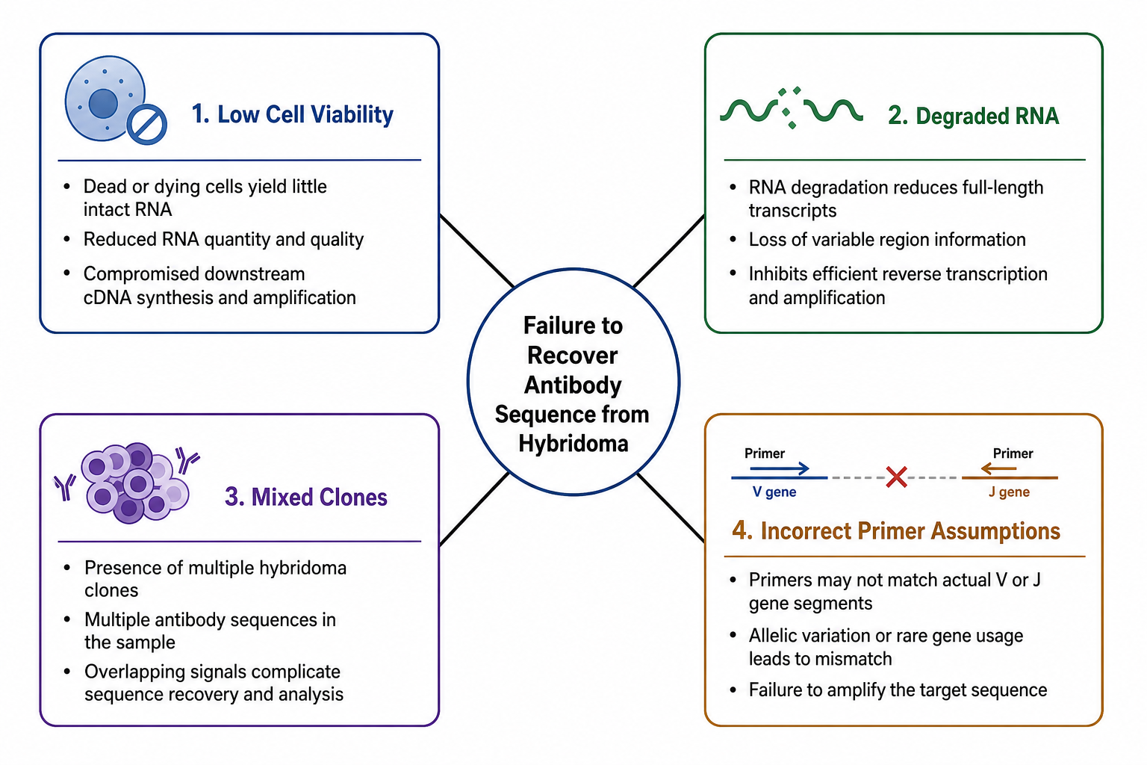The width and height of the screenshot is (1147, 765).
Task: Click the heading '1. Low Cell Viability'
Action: (293, 114)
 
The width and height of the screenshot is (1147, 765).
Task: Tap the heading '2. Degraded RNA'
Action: (973, 116)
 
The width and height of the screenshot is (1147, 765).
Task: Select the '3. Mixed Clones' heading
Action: (305, 497)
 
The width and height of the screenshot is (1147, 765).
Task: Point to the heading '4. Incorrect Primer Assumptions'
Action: (896, 531)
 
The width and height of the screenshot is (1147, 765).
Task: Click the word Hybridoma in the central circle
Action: (573, 444)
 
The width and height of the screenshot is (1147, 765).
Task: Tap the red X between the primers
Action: (897, 477)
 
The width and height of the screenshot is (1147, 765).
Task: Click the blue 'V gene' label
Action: (774, 492)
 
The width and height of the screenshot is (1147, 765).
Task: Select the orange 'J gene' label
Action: (1009, 492)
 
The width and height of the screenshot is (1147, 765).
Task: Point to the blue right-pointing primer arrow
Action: (780, 468)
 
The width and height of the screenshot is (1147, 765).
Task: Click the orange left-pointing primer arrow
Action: (998, 468)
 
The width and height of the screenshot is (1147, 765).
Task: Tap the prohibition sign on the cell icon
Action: (147, 125)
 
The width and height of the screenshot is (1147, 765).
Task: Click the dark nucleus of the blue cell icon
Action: (104, 103)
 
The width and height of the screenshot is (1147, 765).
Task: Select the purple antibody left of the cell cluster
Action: (65, 487)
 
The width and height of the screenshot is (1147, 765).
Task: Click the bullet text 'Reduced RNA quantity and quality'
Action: (223, 239)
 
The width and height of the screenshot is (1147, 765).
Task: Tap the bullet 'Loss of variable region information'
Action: (887, 240)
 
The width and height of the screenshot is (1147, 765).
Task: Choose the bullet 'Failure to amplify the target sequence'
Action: (898, 690)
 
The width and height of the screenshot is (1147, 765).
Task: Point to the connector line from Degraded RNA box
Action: (669, 251)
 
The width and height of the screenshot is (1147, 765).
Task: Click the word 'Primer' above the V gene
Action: (765, 453)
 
